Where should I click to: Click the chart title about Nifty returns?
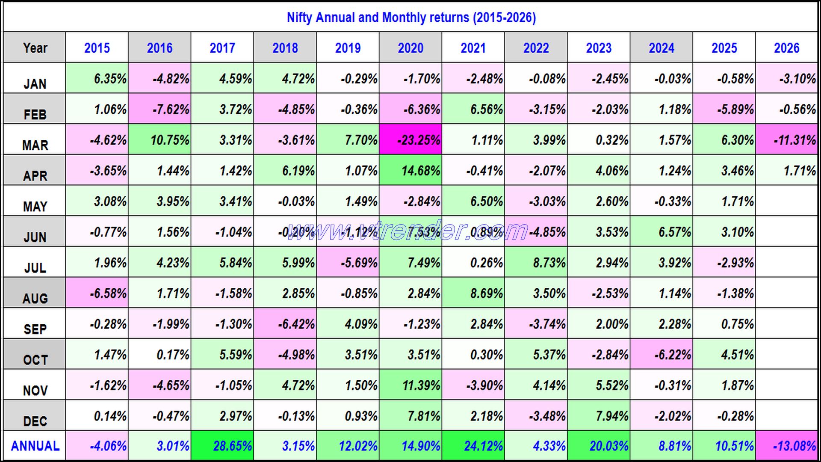click(411, 18)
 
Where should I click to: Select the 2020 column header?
click(410, 48)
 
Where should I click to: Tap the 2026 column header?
click(786, 48)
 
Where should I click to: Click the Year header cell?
click(35, 48)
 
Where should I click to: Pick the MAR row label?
click(35, 145)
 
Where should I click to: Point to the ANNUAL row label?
click(35, 446)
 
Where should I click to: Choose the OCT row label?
click(35, 360)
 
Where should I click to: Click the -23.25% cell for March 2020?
click(411, 140)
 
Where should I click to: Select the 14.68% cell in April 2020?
click(411, 171)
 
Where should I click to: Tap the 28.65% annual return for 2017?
click(223, 446)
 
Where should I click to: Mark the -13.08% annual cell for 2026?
click(787, 446)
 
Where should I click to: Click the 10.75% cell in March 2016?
click(160, 140)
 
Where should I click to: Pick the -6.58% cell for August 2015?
click(97, 293)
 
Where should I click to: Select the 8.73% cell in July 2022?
click(536, 263)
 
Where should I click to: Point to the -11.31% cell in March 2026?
click(787, 140)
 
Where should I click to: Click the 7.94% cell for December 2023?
click(599, 416)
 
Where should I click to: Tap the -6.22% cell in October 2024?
click(662, 355)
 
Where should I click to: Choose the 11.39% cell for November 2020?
click(411, 385)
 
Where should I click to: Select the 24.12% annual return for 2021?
click(473, 446)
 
